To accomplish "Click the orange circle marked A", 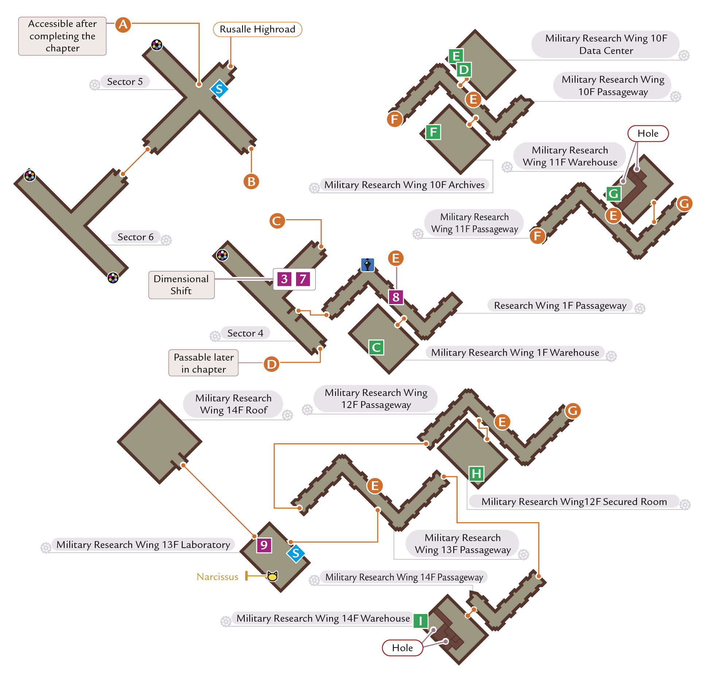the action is pyautogui.click(x=123, y=24).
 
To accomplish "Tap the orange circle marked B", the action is pyautogui.click(x=251, y=181).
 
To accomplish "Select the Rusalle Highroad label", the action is pyautogui.click(x=257, y=29).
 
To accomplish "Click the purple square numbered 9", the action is pyautogui.click(x=264, y=545).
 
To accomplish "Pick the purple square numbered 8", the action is pyautogui.click(x=396, y=297).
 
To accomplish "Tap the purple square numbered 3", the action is pyautogui.click(x=284, y=279).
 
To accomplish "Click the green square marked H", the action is pyautogui.click(x=476, y=474).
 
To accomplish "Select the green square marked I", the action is pyautogui.click(x=421, y=620).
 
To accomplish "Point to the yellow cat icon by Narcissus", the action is pyautogui.click(x=272, y=576).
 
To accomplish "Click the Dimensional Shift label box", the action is pyautogui.click(x=181, y=285).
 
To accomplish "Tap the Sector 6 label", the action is pyautogui.click(x=136, y=237).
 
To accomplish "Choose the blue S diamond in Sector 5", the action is pyautogui.click(x=219, y=89).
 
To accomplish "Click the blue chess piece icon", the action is pyautogui.click(x=368, y=264).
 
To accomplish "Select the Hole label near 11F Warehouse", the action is pyautogui.click(x=648, y=133).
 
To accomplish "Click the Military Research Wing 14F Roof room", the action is pyautogui.click(x=159, y=442).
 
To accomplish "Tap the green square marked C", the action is pyautogui.click(x=376, y=347).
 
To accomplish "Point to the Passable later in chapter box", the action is pyautogui.click(x=203, y=363).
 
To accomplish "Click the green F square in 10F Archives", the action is pyautogui.click(x=433, y=132).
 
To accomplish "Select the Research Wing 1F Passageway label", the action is pyautogui.click(x=560, y=306).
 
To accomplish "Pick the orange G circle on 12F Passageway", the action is pyautogui.click(x=572, y=411).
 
